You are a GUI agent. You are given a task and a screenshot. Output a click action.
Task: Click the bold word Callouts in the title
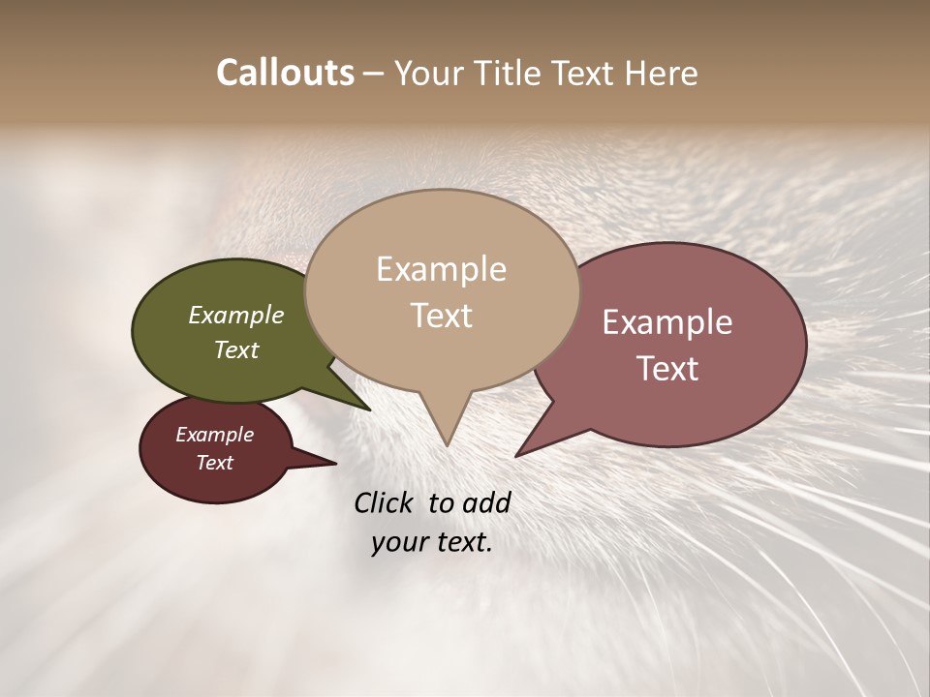point(285,73)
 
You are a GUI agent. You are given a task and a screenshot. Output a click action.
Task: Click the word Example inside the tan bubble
point(442,269)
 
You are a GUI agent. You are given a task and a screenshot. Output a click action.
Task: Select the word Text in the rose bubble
point(667,369)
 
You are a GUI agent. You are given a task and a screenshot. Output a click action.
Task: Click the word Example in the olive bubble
point(236,316)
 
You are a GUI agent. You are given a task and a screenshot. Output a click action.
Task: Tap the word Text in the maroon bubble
point(215,463)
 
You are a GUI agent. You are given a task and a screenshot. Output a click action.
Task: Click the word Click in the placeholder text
point(384,502)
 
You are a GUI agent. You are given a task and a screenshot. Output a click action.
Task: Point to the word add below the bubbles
point(486,502)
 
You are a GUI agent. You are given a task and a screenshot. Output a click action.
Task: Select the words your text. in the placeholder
point(432,543)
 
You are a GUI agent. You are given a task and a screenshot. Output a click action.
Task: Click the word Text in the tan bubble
point(442,316)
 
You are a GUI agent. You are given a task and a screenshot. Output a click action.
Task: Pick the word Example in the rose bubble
point(667,322)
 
